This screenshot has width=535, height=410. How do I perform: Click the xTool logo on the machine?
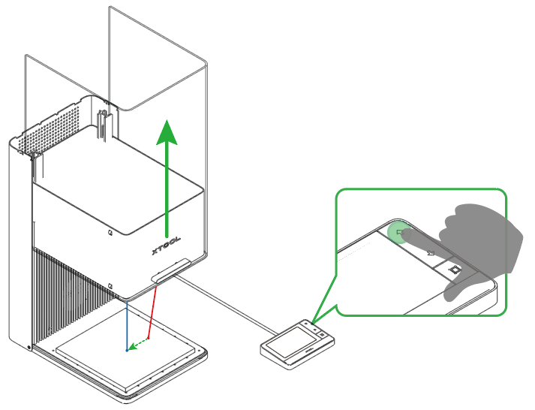pos(166,246)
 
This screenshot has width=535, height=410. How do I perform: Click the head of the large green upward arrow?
pos(167,132)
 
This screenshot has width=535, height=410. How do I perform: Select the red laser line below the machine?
pos(152,312)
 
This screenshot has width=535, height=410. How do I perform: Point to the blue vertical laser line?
pos(127,325)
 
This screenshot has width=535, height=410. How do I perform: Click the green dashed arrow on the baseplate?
pos(137,345)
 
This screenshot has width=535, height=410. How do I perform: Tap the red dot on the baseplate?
pos(148,339)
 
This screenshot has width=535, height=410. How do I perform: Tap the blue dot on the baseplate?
pos(127,350)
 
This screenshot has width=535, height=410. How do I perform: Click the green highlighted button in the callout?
pos(398,232)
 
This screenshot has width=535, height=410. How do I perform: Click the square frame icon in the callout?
pos(454,270)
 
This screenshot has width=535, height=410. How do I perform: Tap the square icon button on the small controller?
pos(322,335)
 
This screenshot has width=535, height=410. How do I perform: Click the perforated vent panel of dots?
pos(50,128)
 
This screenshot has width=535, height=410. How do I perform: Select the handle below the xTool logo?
pos(171,271)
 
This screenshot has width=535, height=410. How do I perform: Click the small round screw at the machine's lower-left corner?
pos(29,348)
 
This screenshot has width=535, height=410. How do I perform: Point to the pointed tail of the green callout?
pos(311,323)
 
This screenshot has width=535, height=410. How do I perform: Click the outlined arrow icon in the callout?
pos(431,252)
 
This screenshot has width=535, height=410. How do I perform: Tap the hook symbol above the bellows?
pos(110,285)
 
